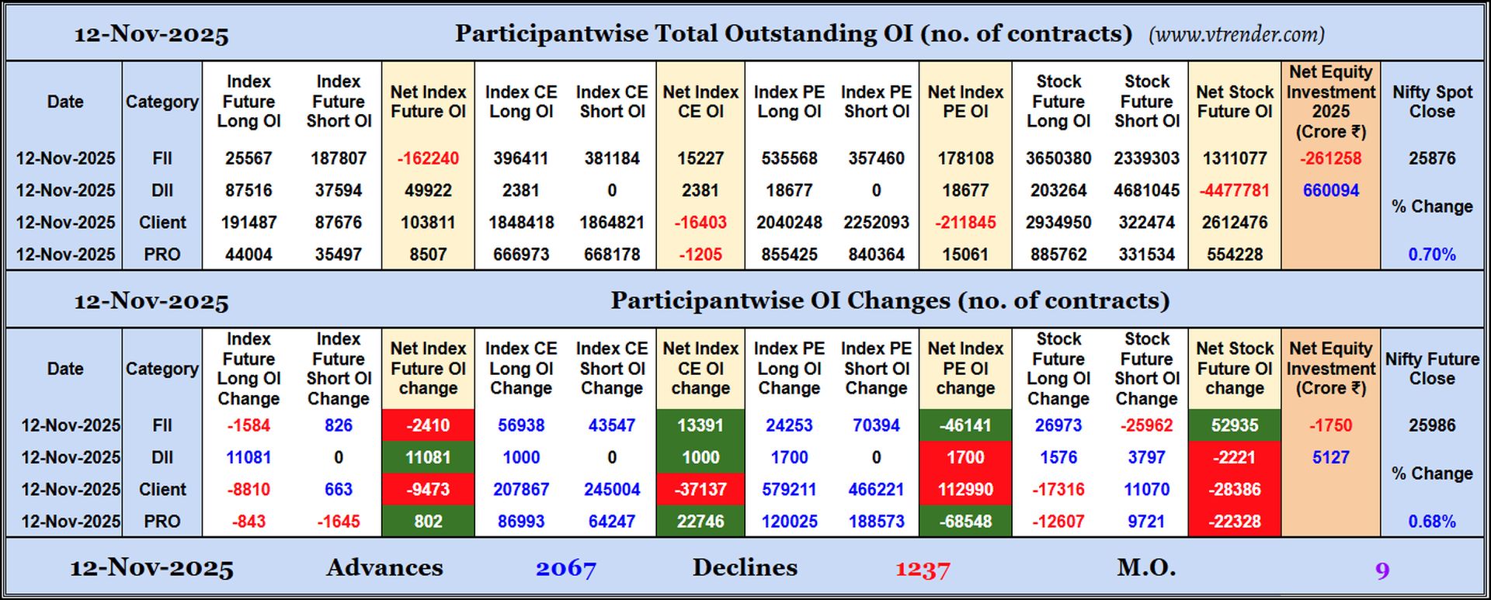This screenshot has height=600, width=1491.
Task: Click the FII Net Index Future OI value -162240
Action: coord(428,158)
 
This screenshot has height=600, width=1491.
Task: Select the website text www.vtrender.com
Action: coord(1236,34)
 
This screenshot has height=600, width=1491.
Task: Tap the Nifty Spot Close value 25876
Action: coord(1432,158)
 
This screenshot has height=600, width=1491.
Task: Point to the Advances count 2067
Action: coord(566,569)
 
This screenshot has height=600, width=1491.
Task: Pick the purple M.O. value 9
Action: coord(1382,571)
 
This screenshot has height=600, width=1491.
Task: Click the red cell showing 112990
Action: coord(965,490)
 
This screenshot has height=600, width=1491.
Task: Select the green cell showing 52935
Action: coord(1234,425)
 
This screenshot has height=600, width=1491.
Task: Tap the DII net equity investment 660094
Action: coord(1330,190)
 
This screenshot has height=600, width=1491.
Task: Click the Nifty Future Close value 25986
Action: coord(1432,425)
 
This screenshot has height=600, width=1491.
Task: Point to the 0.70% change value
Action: coord(1432,255)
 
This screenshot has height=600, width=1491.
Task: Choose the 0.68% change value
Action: coord(1432,522)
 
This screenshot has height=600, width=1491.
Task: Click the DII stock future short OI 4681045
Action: coord(1146,190)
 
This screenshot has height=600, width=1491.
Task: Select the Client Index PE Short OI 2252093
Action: coord(876,223)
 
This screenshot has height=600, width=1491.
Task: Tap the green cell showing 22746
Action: coord(700,522)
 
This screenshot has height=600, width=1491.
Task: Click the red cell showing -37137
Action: coord(700,490)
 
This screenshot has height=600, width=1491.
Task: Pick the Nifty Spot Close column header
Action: coord(1432,102)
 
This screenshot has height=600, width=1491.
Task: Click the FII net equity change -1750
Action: coord(1330,425)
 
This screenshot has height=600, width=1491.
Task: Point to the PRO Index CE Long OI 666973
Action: coord(521,255)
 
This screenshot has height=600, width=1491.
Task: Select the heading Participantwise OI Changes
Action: coord(889,300)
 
